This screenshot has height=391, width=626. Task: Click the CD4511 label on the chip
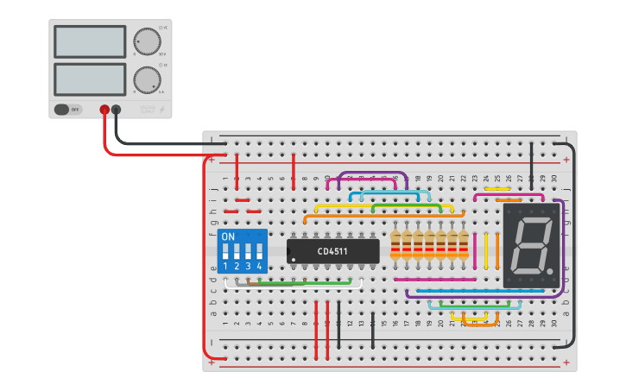point(333,251)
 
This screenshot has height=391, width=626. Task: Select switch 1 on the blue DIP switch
point(226,252)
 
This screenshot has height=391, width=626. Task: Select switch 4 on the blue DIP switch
point(258,252)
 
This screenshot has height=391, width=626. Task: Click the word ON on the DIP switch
point(228,236)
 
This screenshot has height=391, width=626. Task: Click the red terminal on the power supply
point(104,110)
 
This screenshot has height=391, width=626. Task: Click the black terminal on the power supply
point(117,110)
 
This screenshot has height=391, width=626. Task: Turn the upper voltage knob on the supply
point(147,41)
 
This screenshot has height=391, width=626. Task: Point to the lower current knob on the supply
point(147,79)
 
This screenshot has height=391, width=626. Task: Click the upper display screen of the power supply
point(90,41)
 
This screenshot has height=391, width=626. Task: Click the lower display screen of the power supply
point(90,79)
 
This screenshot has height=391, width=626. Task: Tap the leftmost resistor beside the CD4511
point(396,245)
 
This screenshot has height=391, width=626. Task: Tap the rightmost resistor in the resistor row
point(464,245)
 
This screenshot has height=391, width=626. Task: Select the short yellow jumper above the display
point(497,188)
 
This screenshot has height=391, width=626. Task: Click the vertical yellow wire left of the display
point(486,249)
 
